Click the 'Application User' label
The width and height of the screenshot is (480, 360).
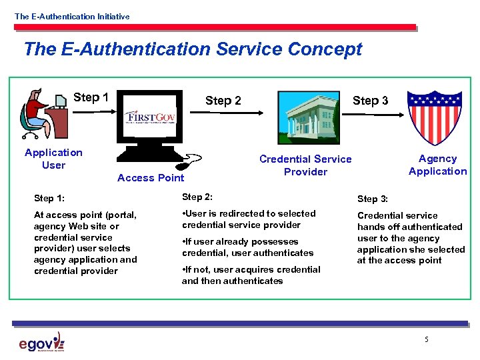(53, 159)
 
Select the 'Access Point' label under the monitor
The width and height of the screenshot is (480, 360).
(151, 177)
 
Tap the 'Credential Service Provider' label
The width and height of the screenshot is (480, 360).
(305, 165)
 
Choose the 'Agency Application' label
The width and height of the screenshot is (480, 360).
(437, 165)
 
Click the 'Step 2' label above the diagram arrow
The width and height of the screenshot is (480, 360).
(223, 101)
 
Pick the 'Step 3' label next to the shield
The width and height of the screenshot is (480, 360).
(370, 101)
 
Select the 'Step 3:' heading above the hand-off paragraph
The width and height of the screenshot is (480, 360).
(377, 199)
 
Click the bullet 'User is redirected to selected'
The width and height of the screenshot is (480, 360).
(248, 219)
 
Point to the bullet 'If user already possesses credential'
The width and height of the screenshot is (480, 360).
(247, 247)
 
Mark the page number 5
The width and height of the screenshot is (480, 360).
(426, 341)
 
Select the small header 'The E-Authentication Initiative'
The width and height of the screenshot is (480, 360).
(72, 16)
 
